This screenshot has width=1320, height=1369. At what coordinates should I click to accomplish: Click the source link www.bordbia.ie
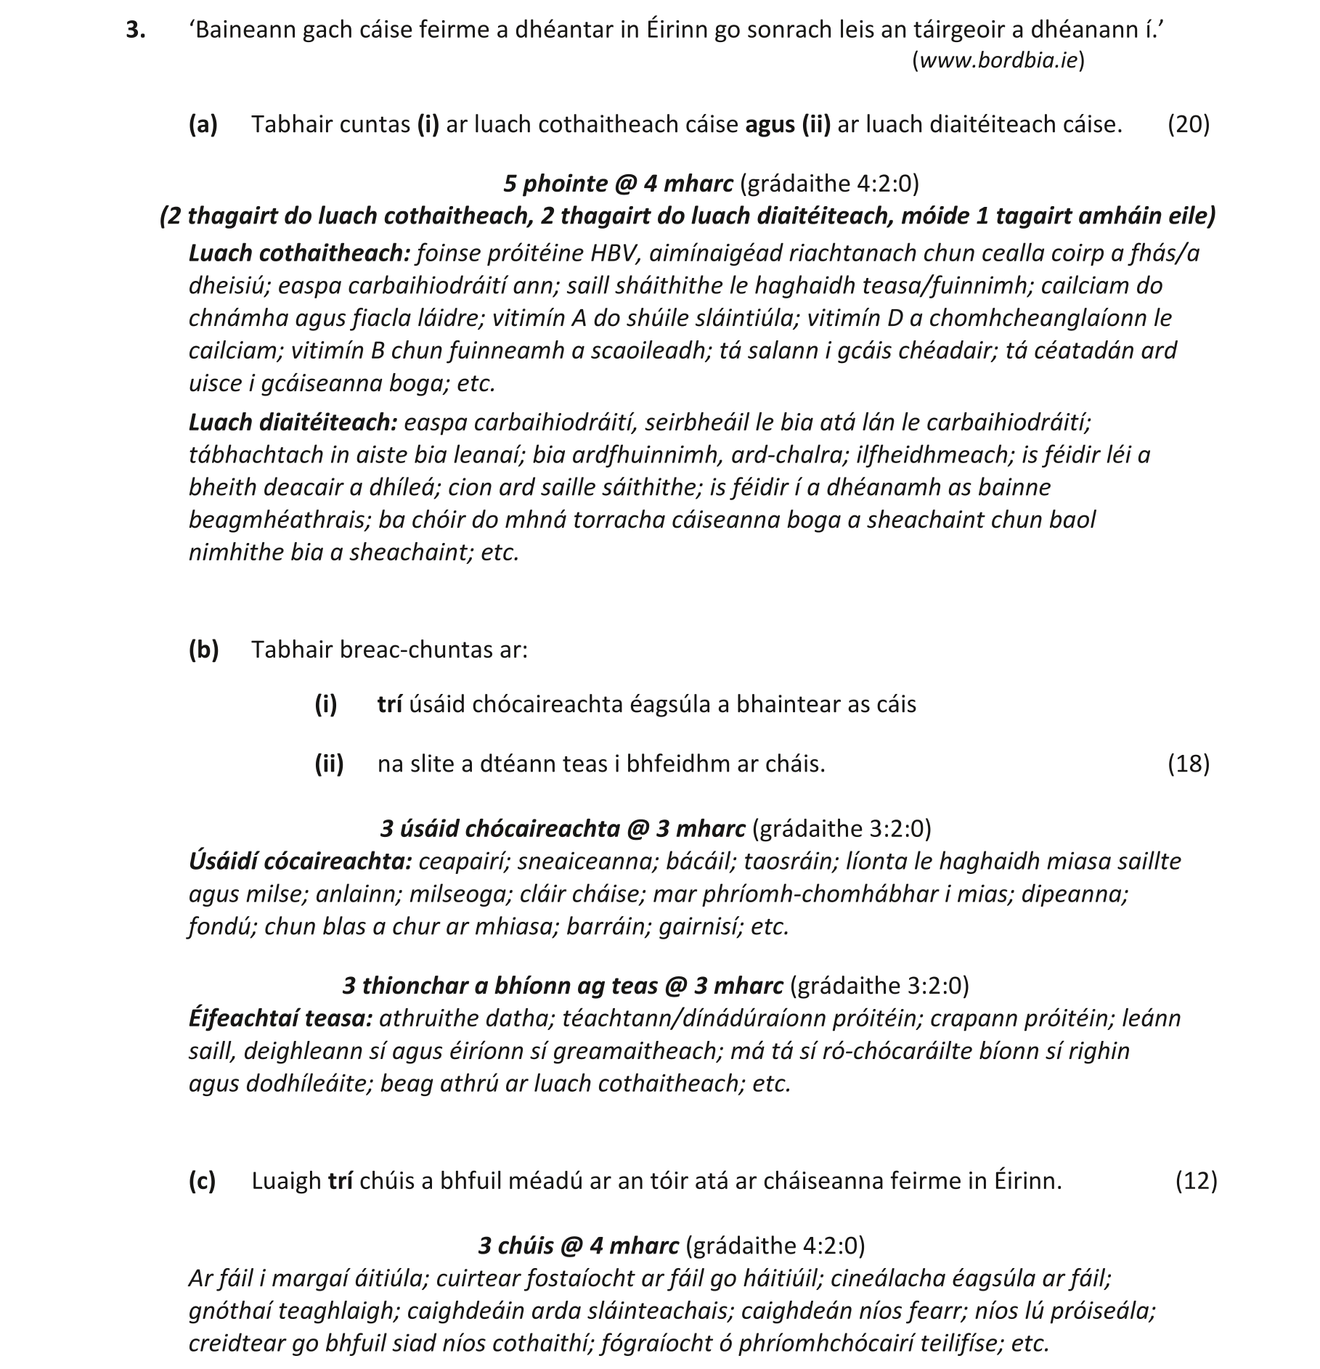point(998,60)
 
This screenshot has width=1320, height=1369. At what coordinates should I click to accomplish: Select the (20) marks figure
point(1189,124)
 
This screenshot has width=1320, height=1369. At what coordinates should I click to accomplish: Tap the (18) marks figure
point(1189,764)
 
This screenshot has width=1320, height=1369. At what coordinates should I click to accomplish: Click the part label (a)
point(203,124)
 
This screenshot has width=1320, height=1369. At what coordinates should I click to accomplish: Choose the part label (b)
point(203,649)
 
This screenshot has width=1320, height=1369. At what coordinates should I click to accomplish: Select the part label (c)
point(203,1181)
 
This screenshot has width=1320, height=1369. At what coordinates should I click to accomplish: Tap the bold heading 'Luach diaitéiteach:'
point(293,422)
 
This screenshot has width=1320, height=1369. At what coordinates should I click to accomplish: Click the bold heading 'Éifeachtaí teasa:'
point(281,1018)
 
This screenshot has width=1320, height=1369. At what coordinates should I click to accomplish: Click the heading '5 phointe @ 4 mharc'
point(618,184)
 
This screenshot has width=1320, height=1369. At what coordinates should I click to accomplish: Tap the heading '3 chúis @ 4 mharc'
point(578,1246)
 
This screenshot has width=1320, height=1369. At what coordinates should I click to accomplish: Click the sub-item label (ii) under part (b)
point(329,764)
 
